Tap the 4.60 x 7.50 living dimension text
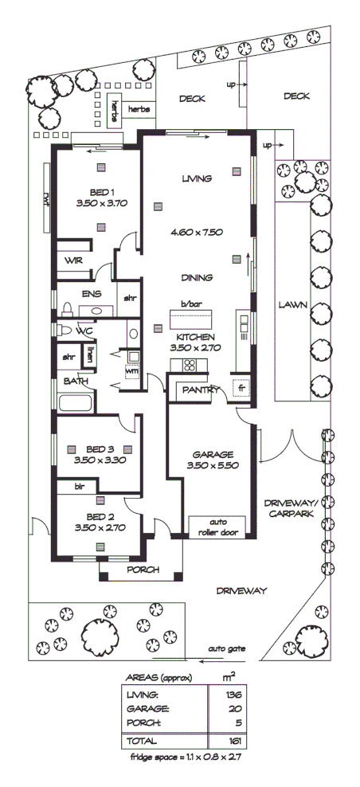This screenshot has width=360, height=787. pyautogui.click(x=196, y=233)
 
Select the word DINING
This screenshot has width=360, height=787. pyautogui.click(x=196, y=278)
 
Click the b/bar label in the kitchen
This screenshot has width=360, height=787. pyautogui.click(x=189, y=305)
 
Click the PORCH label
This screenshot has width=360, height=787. pyautogui.click(x=143, y=570)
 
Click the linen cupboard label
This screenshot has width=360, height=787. pyautogui.click(x=90, y=354)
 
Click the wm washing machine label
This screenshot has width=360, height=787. pyautogui.click(x=131, y=370)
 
